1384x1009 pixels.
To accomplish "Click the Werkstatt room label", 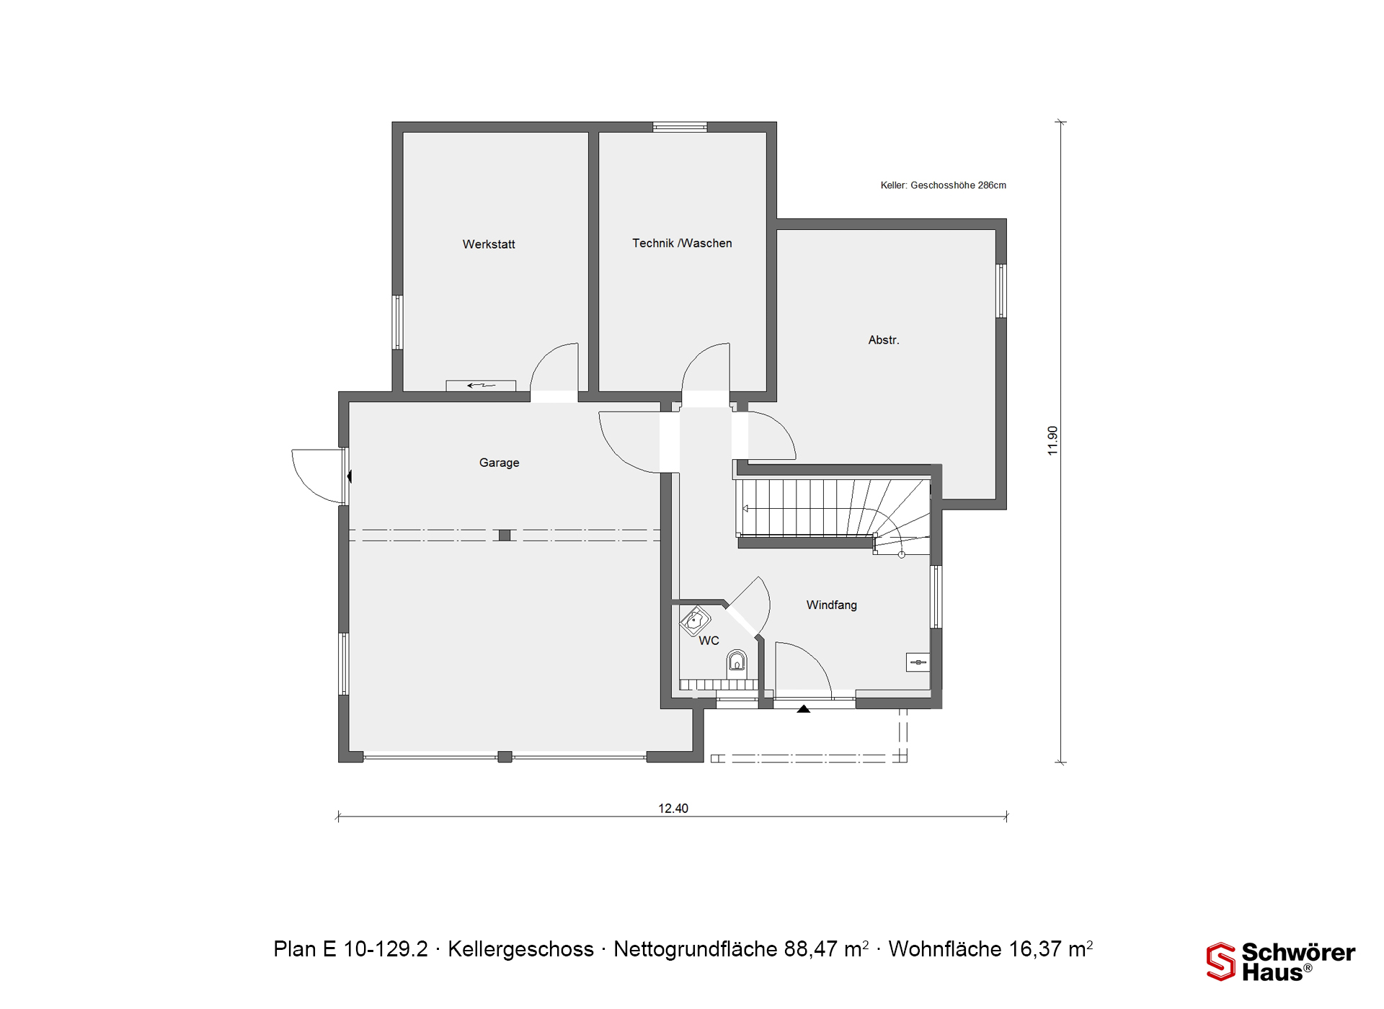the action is pyautogui.click(x=489, y=244).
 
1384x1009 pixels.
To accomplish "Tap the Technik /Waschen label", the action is pyautogui.click(x=682, y=244).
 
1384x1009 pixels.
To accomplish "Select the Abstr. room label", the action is pyautogui.click(x=884, y=340).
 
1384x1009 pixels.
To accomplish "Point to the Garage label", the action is pyautogui.click(x=499, y=463).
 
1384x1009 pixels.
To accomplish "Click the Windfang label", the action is pyautogui.click(x=832, y=605).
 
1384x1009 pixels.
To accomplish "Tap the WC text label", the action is pyautogui.click(x=709, y=641).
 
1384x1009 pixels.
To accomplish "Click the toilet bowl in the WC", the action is pyautogui.click(x=737, y=661).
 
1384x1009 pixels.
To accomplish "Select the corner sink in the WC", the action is pyautogui.click(x=695, y=621).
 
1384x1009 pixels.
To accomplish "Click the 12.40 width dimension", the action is pyautogui.click(x=673, y=809).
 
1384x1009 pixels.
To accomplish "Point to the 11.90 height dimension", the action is pyautogui.click(x=1052, y=440).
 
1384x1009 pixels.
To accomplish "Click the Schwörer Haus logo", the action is pyautogui.click(x=1281, y=961).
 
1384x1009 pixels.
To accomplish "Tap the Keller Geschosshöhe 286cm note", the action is pyautogui.click(x=943, y=185).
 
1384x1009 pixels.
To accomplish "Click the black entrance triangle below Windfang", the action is pyautogui.click(x=804, y=709).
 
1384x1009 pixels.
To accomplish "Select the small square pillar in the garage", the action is pyautogui.click(x=505, y=535).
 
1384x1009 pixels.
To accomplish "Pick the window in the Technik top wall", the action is pyautogui.click(x=680, y=127).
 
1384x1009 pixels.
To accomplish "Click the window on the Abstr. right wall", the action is pyautogui.click(x=1001, y=291).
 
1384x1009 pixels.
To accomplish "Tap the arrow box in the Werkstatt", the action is pyautogui.click(x=481, y=386).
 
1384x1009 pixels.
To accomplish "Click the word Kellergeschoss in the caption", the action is pyautogui.click(x=520, y=949).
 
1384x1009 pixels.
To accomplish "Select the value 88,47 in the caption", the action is pyautogui.click(x=811, y=949).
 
